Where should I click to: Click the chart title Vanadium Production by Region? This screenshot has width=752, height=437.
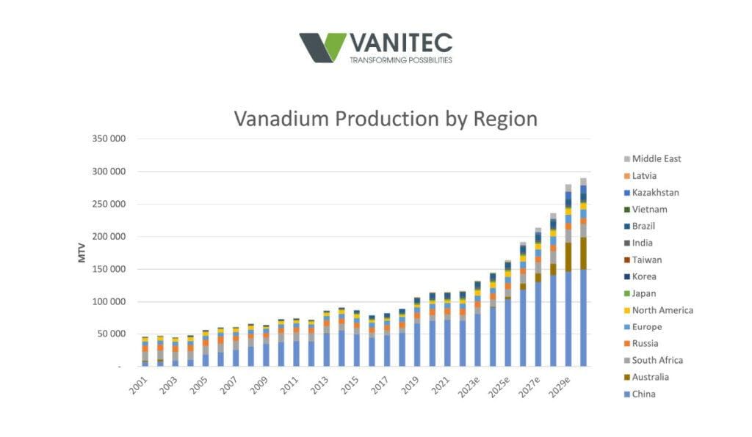(386, 119)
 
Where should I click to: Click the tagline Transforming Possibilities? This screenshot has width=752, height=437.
(400, 60)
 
